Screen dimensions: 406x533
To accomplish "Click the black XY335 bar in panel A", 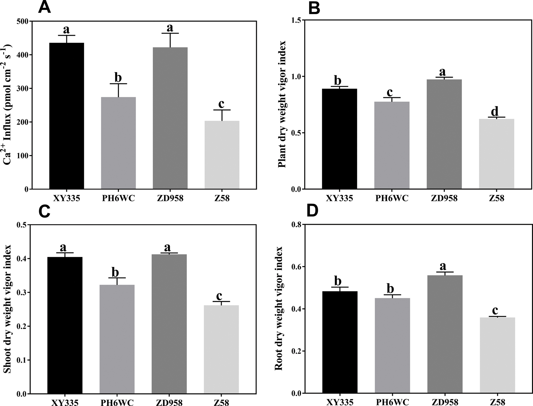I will tap(67, 116).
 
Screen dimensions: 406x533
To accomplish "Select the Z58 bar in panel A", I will tap(222, 155).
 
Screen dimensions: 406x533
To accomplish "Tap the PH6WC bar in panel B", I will tap(392, 145).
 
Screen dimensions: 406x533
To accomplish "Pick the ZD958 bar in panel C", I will tap(170, 324).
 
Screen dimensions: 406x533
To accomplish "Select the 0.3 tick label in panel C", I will tap(22, 292).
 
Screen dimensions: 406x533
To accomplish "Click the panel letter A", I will tap(44, 7).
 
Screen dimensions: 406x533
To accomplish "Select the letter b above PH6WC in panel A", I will tap(118, 78).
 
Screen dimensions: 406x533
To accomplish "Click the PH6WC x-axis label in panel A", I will tap(118, 198).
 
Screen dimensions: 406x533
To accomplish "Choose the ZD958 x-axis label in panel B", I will tap(444, 198).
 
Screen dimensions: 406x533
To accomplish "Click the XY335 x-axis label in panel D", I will tap(340, 402).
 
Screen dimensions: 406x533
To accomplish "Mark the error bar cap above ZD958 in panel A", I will tap(170, 33).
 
